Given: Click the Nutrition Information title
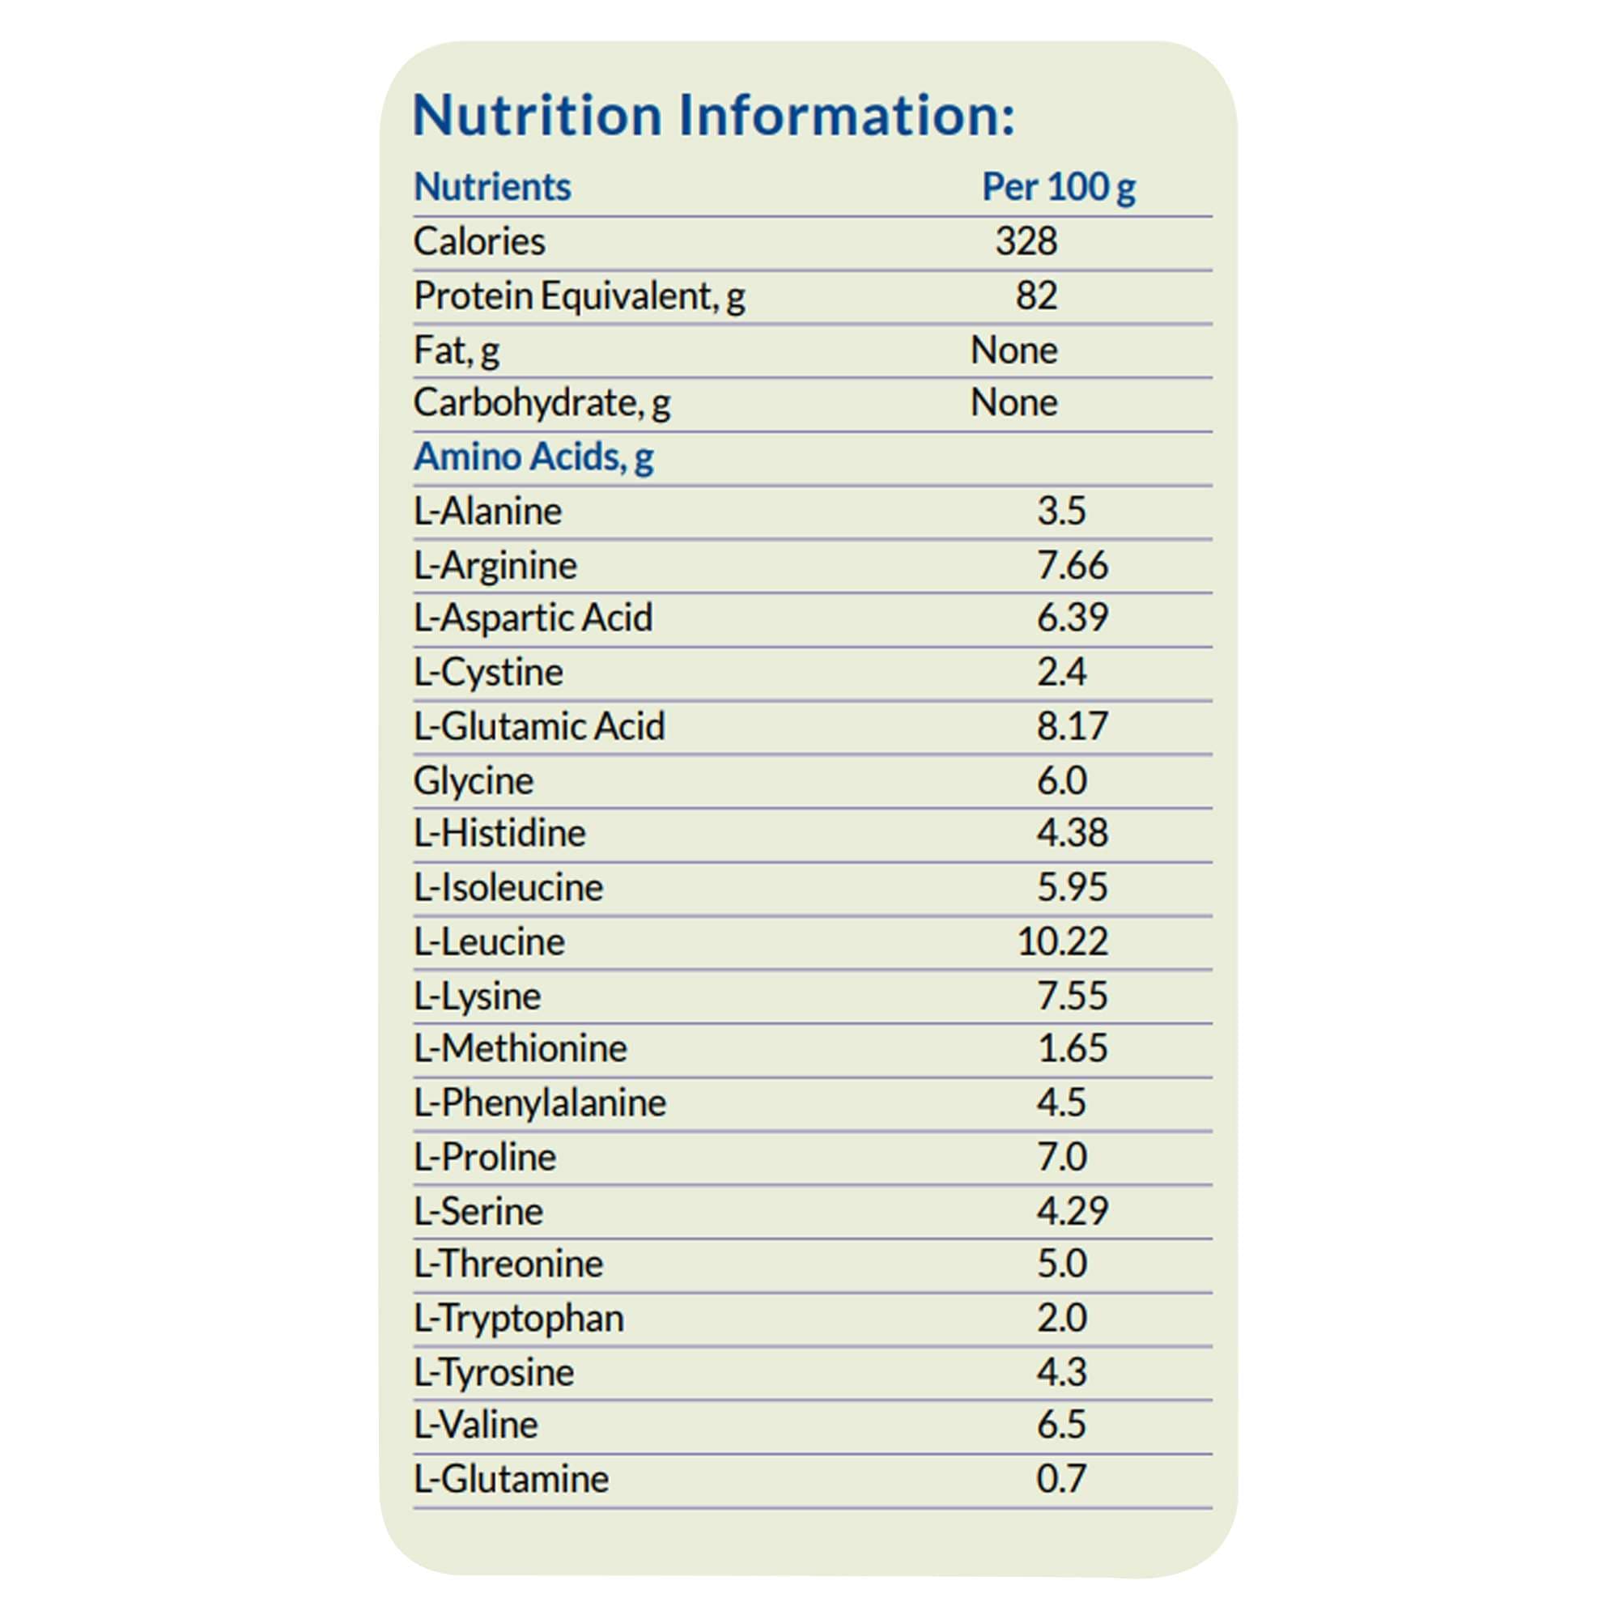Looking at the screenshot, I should [x=713, y=115].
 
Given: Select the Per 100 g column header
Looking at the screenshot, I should [x=1057, y=187].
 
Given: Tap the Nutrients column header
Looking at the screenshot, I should [x=492, y=187].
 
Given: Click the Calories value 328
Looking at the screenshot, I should [x=1026, y=241].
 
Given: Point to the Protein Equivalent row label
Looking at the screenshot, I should [x=579, y=295].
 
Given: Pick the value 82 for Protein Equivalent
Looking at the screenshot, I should [x=1036, y=295].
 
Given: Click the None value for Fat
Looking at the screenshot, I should [x=1013, y=351].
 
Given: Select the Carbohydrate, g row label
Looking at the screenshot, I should [x=542, y=403].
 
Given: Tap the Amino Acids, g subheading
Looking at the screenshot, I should [x=533, y=457].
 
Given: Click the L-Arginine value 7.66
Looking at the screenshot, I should [x=1072, y=566].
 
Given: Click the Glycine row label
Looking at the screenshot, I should [x=473, y=781].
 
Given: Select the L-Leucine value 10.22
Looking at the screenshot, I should [x=1062, y=942].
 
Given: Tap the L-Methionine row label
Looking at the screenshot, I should [x=520, y=1048].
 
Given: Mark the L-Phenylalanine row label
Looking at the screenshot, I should [x=540, y=1103].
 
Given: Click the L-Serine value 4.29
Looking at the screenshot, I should [x=1072, y=1211].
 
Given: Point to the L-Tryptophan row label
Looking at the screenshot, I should [x=519, y=1318].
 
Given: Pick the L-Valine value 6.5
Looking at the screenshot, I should [x=1061, y=1425].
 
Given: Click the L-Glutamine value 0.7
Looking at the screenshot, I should [x=1061, y=1479].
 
